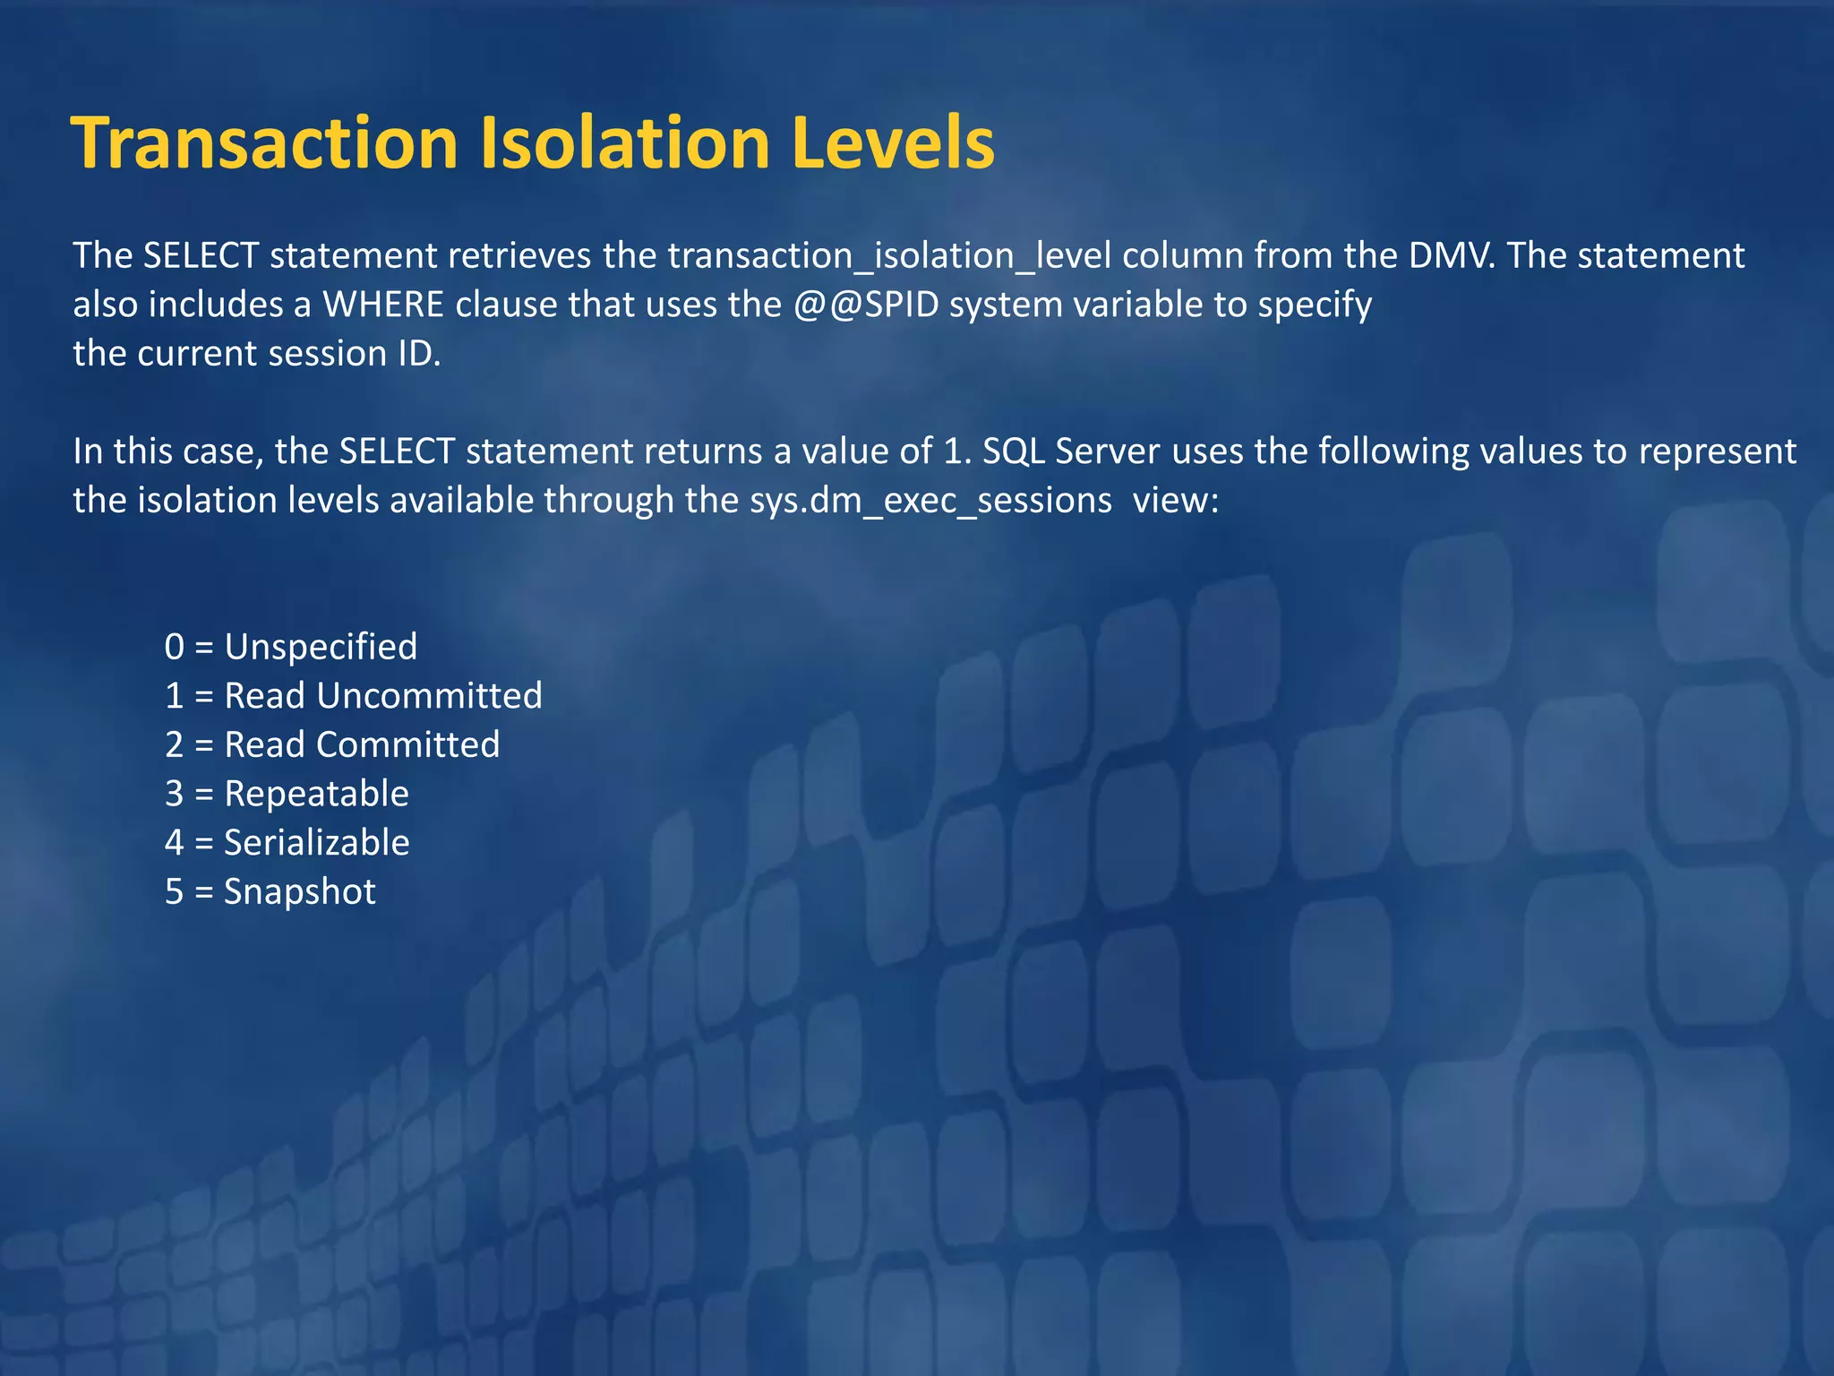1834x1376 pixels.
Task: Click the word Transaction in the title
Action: [265, 143]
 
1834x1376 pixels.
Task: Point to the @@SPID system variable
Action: [866, 305]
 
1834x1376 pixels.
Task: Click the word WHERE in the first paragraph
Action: [383, 305]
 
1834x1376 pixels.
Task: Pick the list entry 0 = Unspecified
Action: [291, 647]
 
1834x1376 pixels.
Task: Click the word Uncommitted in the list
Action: [429, 696]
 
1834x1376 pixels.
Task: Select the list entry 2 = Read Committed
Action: [332, 745]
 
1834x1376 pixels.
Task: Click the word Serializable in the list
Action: [316, 843]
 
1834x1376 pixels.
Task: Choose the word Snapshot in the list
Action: [300, 892]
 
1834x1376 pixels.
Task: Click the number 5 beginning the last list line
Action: [174, 892]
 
